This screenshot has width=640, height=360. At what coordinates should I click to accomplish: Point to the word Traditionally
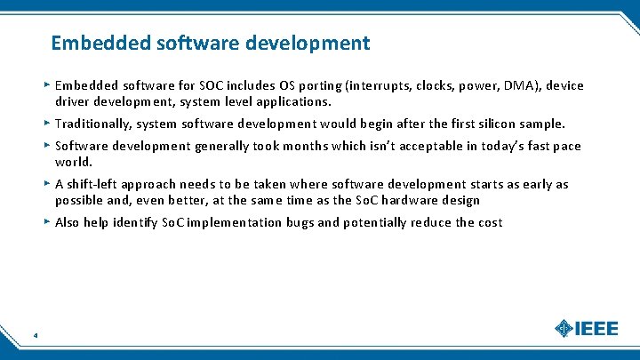click(x=93, y=124)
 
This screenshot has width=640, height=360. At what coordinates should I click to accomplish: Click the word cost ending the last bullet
click(x=489, y=222)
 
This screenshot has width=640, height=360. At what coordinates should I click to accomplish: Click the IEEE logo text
click(x=596, y=329)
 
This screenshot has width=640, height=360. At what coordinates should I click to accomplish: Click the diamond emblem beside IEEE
click(x=564, y=329)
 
